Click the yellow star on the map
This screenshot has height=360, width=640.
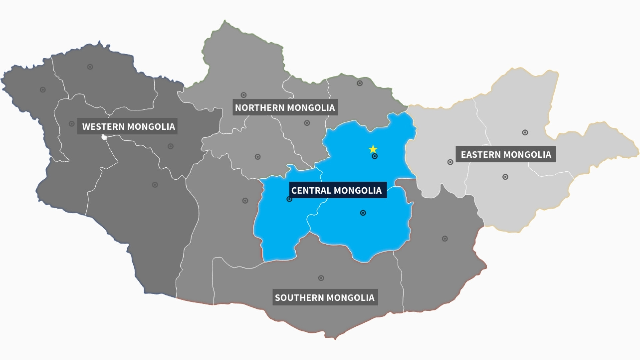point(373,149)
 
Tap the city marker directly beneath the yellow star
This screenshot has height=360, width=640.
point(375,156)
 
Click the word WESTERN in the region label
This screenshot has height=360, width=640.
point(103,127)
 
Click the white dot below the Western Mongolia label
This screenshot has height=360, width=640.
point(104,137)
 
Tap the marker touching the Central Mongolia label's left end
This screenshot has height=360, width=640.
point(289,199)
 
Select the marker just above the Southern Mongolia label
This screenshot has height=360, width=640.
point(321,278)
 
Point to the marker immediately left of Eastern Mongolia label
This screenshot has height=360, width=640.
point(450,162)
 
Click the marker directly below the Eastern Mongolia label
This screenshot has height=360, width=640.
point(505,177)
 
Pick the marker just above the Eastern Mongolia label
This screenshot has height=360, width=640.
point(525,133)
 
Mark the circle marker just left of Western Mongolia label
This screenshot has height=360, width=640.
point(71,124)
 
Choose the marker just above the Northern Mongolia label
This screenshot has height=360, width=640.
point(244,95)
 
